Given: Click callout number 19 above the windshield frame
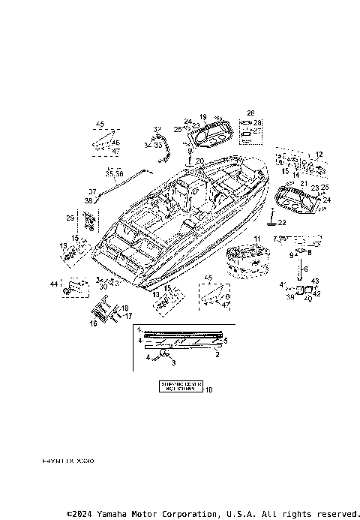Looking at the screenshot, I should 202,117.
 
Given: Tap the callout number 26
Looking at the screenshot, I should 251,114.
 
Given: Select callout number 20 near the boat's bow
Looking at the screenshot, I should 199,161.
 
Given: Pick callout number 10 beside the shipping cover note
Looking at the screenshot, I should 208,389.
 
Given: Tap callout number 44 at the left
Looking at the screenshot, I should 53,284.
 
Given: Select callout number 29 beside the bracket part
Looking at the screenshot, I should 70,218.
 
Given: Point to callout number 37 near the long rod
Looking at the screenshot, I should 93,191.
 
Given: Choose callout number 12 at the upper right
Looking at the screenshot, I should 319,154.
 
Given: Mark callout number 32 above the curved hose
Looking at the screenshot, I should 157,129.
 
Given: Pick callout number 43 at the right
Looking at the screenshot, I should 315,281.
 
